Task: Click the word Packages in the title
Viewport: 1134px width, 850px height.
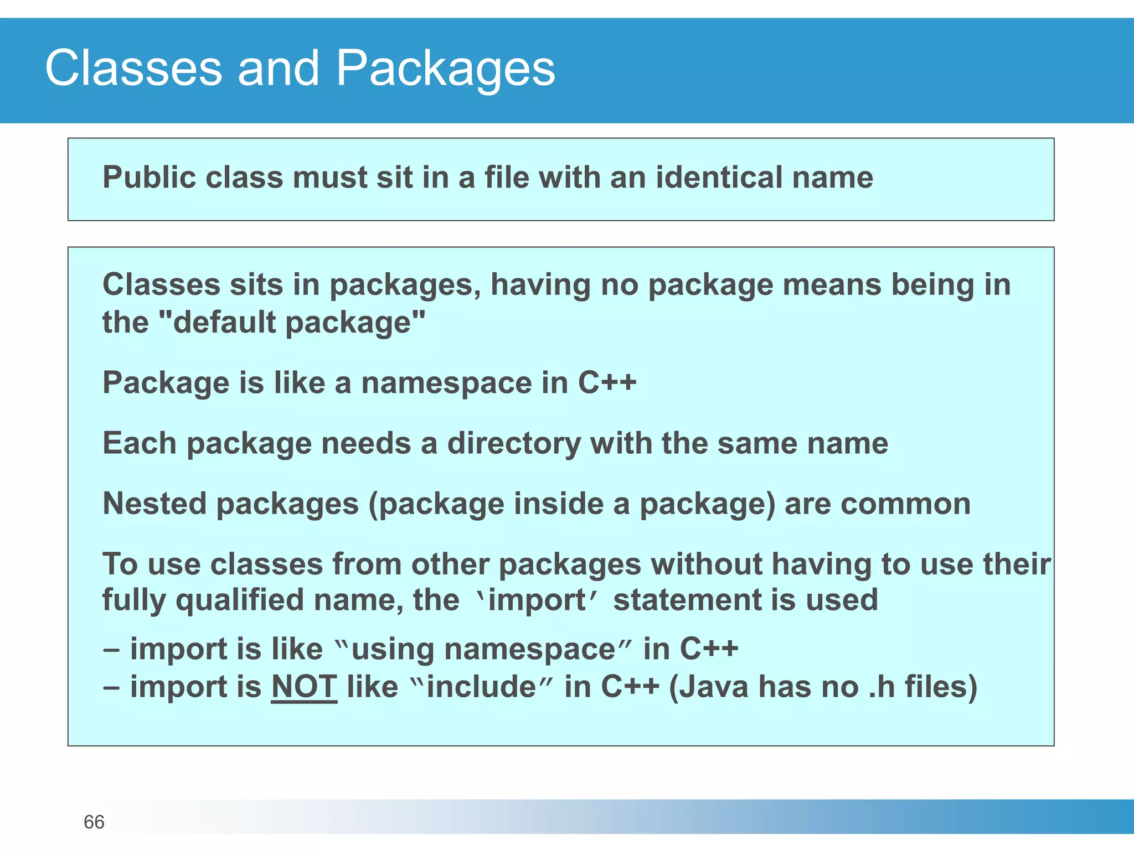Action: coord(445,69)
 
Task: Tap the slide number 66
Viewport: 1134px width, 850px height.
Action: coord(94,822)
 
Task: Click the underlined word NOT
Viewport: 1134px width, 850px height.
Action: coord(304,687)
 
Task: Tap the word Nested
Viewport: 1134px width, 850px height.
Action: coord(154,504)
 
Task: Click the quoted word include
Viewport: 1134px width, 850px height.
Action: coord(481,687)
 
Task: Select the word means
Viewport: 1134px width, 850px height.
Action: coord(832,285)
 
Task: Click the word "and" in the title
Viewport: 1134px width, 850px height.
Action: coord(279,69)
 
